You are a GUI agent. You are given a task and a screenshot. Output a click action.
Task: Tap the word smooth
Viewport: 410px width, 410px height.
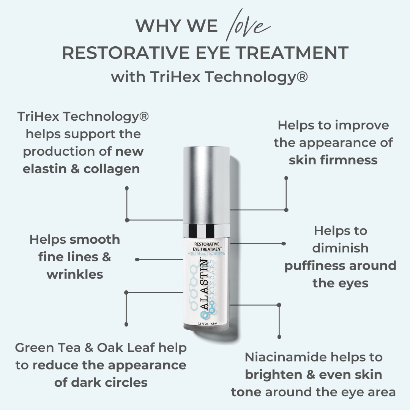click(95, 240)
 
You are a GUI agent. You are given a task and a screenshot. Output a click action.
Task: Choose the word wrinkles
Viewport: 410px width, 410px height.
click(75, 274)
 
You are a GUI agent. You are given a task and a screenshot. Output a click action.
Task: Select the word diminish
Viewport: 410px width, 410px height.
click(341, 248)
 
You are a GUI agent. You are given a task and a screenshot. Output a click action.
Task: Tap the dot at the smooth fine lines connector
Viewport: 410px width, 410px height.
click(137, 260)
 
